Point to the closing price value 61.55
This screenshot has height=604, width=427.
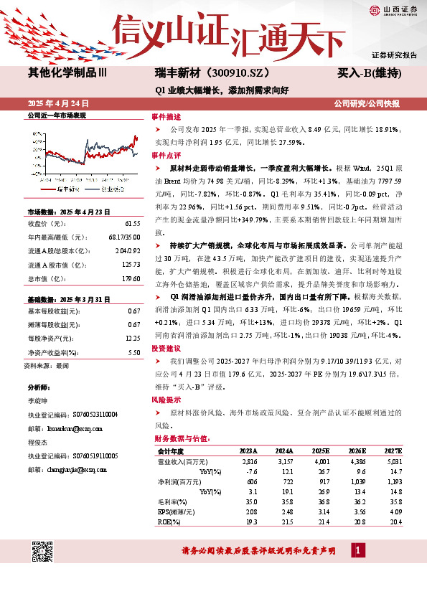(x=131, y=224)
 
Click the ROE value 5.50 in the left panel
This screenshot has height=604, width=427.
(x=133, y=353)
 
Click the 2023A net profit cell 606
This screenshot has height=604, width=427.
(x=250, y=482)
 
